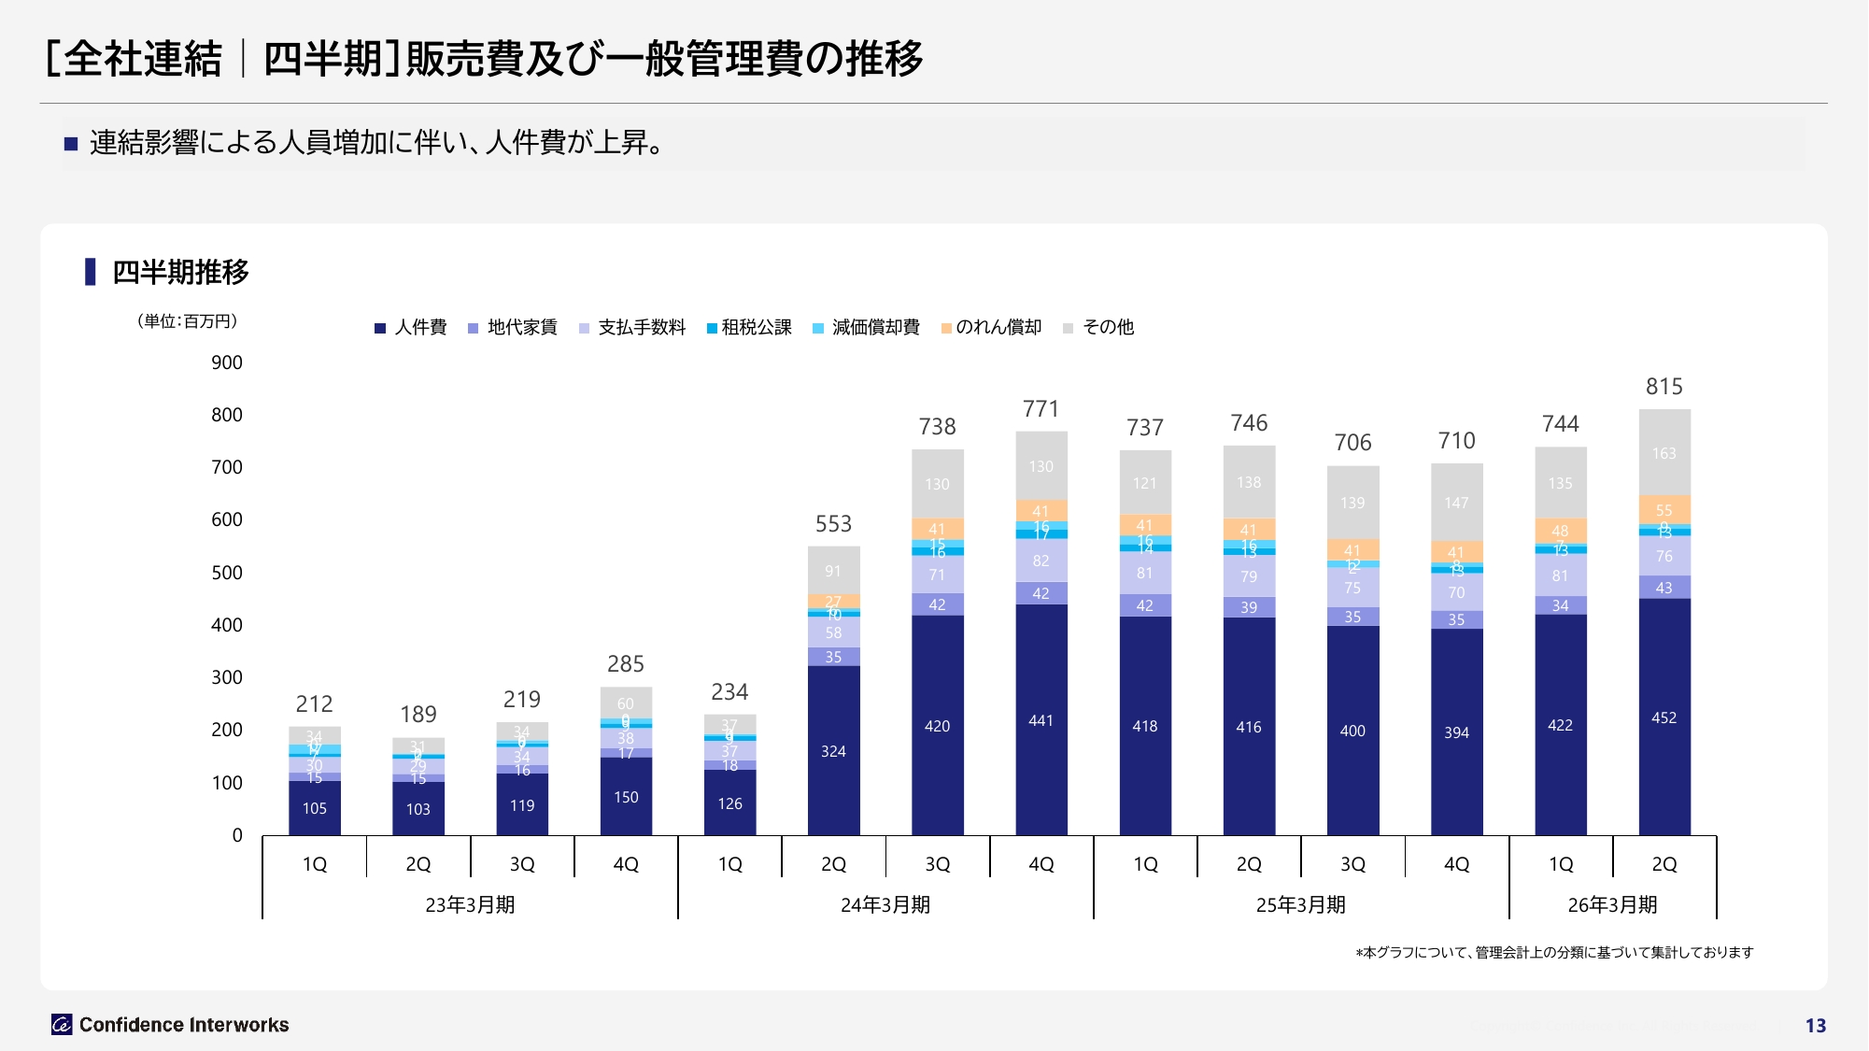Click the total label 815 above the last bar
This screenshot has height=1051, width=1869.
point(1664,387)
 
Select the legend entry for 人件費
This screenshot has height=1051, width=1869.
point(410,327)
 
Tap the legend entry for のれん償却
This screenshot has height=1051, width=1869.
point(991,327)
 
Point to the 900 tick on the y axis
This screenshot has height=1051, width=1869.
point(227,362)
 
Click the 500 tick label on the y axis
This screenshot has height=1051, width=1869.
point(227,573)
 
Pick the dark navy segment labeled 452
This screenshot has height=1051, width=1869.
point(1664,717)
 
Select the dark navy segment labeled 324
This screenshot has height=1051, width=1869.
point(833,751)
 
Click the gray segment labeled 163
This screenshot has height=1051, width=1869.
point(1664,453)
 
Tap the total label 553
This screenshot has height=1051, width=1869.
point(833,524)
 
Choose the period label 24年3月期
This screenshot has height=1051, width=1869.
point(885,904)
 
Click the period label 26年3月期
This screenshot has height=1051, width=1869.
point(1612,904)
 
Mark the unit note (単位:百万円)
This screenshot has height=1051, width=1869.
point(187,321)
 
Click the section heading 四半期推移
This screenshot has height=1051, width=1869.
point(180,272)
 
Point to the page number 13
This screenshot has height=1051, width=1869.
point(1815,1026)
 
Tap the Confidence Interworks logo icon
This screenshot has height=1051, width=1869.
point(62,1025)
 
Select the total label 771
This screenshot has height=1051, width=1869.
point(1041,409)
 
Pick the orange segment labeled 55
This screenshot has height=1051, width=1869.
point(1664,510)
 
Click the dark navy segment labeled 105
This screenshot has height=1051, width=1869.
point(315,808)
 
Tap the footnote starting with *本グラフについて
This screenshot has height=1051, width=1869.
point(1554,952)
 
